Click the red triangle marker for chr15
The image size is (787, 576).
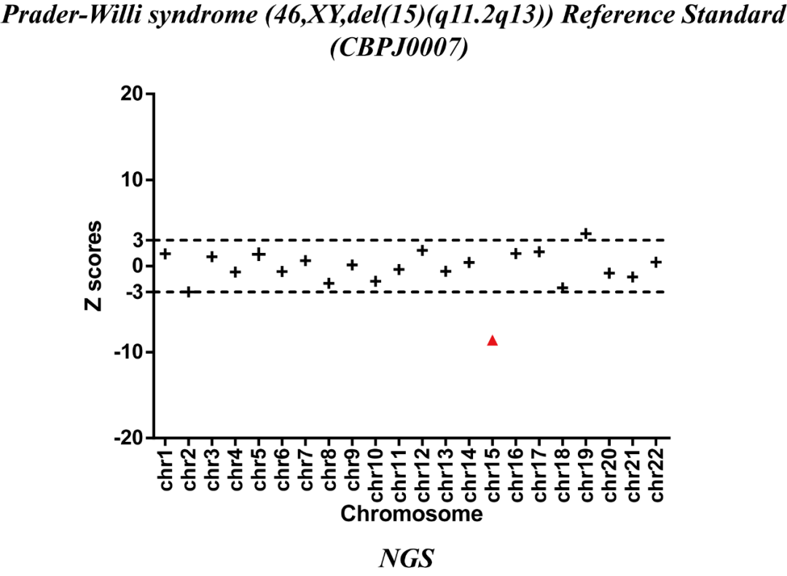[492, 340]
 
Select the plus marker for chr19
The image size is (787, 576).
[586, 233]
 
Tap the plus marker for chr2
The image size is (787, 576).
[189, 292]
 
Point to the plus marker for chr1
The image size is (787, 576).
[165, 254]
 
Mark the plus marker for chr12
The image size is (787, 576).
[422, 250]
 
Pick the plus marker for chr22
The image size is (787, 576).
[656, 262]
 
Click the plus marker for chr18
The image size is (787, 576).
[563, 288]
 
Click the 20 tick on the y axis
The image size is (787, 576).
[131, 94]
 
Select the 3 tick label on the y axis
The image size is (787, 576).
[136, 241]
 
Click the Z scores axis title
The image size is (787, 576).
[93, 265]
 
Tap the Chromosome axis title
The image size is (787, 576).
[412, 514]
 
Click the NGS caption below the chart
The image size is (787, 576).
[407, 559]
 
